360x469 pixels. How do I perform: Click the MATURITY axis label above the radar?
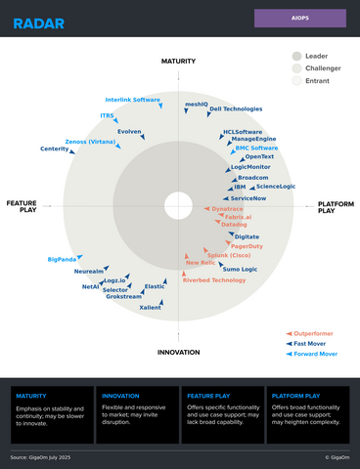(x=179, y=62)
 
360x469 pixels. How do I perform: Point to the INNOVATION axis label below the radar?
(x=179, y=352)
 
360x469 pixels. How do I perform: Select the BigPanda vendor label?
(x=62, y=259)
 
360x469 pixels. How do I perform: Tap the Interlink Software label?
(x=133, y=100)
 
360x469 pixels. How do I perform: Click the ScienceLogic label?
(x=276, y=186)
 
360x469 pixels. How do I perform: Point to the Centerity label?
(x=55, y=149)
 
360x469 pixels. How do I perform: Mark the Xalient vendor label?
(x=151, y=307)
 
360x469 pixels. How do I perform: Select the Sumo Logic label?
(x=240, y=269)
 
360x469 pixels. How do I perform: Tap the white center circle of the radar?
(x=178, y=205)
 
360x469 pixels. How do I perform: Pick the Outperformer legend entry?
(x=315, y=334)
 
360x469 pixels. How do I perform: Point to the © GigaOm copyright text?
(x=337, y=456)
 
